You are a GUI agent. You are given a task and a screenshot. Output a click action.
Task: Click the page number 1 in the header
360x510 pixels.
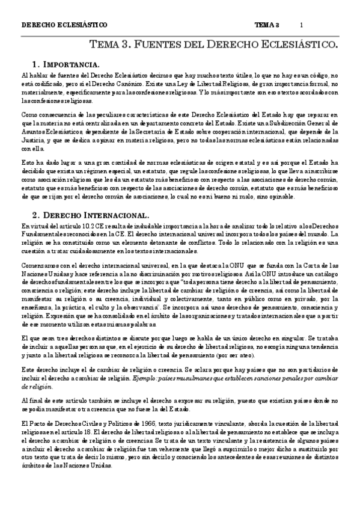(x=301, y=25)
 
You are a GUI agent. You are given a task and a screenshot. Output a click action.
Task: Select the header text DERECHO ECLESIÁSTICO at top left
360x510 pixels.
(x=64, y=25)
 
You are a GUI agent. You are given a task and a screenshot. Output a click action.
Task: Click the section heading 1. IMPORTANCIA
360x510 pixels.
(x=66, y=64)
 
